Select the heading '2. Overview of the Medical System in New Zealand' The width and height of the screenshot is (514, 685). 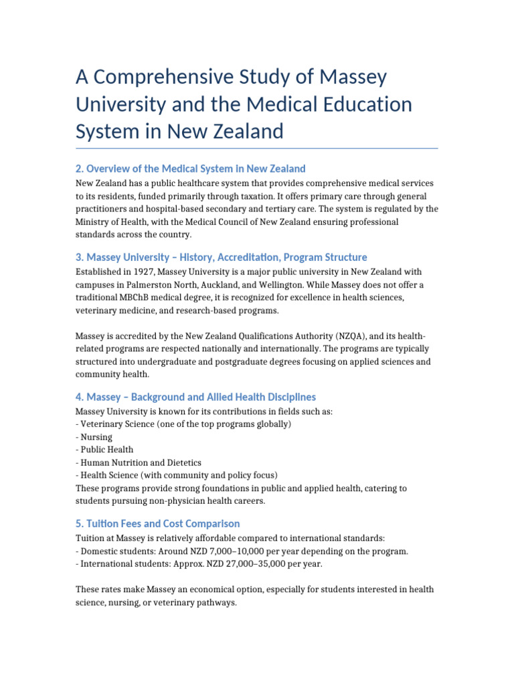click(190, 169)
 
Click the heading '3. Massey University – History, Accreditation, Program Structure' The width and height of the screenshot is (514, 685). click(221, 257)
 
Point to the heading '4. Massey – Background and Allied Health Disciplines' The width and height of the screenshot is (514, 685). click(195, 397)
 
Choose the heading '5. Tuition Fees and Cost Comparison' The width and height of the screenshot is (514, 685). click(157, 523)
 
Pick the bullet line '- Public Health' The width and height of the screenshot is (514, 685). click(104, 450)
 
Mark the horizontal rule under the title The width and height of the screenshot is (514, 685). click(257, 148)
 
